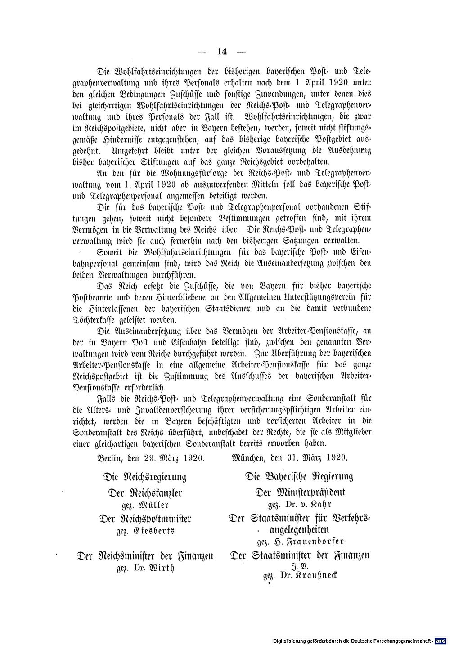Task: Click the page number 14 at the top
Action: click(222, 52)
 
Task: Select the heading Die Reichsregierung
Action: click(145, 476)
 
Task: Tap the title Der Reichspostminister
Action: click(145, 519)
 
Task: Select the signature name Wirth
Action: click(157, 568)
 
